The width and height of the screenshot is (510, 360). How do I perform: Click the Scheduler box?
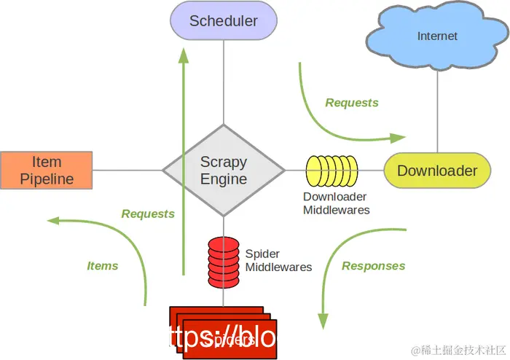tap(224, 20)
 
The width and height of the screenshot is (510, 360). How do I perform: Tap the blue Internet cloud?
tap(436, 36)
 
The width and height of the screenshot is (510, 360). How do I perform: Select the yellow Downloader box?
tap(437, 171)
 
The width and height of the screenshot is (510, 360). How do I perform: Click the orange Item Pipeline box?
tap(47, 170)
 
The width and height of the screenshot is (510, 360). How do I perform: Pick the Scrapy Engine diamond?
tap(224, 171)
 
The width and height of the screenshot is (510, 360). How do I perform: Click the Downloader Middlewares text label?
tap(336, 203)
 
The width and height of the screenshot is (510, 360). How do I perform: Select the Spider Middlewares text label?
tap(278, 261)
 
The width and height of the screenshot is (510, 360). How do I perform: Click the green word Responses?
tap(373, 266)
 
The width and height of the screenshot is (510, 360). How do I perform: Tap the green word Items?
tap(103, 266)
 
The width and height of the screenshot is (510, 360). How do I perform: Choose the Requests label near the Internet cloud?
tap(352, 103)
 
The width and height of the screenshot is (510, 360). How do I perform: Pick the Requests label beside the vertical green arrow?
tap(148, 214)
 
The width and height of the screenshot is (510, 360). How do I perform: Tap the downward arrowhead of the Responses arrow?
tap(321, 321)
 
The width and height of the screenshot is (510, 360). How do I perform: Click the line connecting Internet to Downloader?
tap(438, 109)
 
